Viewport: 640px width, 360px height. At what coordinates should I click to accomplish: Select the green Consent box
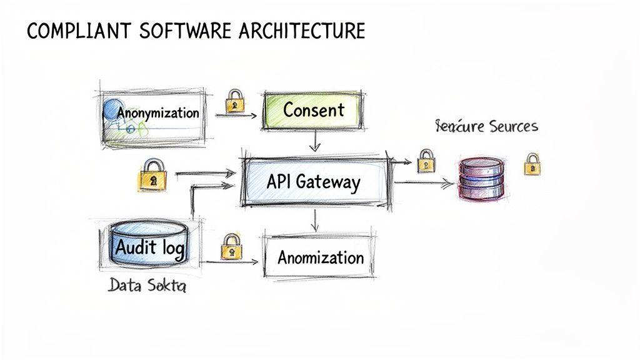pyautogui.click(x=312, y=111)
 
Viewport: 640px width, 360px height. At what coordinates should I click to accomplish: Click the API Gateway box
pyautogui.click(x=312, y=182)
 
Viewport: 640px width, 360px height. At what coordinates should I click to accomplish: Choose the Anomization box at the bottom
pyautogui.click(x=320, y=257)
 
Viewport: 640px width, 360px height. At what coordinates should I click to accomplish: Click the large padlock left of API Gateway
pyautogui.click(x=152, y=174)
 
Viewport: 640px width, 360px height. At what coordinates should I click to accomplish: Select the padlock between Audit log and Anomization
pyautogui.click(x=231, y=246)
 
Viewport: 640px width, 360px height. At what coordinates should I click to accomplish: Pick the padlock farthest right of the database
pyautogui.click(x=532, y=164)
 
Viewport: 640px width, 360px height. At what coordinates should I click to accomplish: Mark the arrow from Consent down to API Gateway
pyautogui.click(x=315, y=141)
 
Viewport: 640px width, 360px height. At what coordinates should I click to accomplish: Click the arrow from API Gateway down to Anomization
pyautogui.click(x=315, y=219)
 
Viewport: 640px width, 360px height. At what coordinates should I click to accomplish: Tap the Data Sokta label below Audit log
pyautogui.click(x=146, y=286)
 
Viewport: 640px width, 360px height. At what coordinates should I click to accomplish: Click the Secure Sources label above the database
pyautogui.click(x=486, y=127)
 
